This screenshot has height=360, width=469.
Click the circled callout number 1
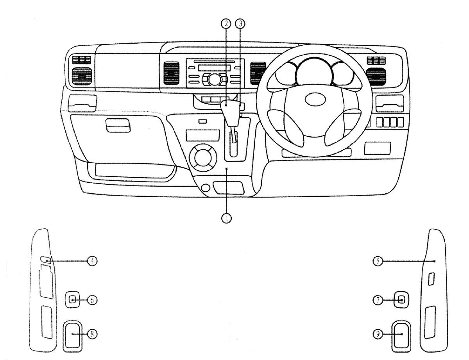point(226,218)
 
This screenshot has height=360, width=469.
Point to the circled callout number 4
point(92,261)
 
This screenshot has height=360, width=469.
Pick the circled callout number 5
point(378,261)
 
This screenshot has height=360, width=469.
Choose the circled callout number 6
point(92,300)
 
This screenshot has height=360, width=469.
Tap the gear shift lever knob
point(231,112)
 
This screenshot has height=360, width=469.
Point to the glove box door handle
point(118,126)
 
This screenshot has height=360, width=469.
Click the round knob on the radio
point(215,80)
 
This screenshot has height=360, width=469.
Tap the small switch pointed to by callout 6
point(73,299)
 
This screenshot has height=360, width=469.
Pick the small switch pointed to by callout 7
point(401,300)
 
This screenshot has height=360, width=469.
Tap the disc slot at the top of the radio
point(214,61)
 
